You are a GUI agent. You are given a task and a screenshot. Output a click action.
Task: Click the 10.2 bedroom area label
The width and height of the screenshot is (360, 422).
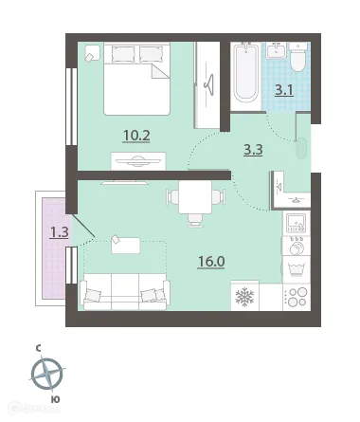click(136, 136)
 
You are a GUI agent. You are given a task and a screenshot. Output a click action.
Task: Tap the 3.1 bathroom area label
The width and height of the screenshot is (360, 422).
click(284, 90)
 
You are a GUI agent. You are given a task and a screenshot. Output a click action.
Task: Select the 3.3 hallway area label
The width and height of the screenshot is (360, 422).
click(253, 150)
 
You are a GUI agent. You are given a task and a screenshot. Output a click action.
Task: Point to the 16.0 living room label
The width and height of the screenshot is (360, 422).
click(211, 262)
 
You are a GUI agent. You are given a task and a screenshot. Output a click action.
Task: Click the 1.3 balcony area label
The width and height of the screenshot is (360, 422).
click(60, 232)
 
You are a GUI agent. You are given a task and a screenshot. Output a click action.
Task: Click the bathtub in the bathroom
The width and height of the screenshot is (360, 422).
click(245, 74)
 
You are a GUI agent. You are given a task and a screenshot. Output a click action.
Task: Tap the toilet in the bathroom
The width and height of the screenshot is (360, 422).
click(297, 57)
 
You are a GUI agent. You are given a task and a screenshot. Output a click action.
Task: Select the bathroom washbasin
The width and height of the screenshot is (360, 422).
click(276, 50)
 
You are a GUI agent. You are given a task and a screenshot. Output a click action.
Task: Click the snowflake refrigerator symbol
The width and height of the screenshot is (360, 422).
click(244, 297)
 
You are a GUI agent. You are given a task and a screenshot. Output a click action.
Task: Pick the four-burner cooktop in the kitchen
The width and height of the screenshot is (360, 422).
click(297, 297)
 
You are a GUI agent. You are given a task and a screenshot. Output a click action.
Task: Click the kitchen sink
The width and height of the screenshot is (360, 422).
click(296, 223)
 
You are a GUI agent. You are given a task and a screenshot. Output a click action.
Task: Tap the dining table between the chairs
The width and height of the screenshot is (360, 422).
click(195, 197)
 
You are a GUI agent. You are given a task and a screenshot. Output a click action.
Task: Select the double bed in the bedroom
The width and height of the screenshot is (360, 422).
click(137, 79)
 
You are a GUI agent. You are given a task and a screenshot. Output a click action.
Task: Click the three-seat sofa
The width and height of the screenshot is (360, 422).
click(125, 292)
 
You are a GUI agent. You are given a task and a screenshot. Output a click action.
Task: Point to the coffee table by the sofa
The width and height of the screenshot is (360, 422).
click(126, 246)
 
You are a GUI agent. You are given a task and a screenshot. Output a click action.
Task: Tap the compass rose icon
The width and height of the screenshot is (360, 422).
click(47, 374)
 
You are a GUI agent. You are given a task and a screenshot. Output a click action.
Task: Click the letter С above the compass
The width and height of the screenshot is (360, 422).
click(38, 349)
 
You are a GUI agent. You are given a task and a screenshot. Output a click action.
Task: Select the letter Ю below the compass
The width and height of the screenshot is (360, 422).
click(55, 399)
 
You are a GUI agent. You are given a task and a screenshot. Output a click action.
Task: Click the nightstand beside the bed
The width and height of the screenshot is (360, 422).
click(92, 53)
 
